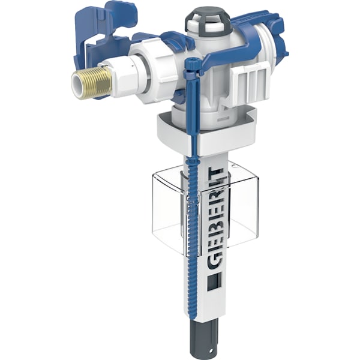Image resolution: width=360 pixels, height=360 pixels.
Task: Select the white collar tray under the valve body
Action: pyautogui.click(x=204, y=129)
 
